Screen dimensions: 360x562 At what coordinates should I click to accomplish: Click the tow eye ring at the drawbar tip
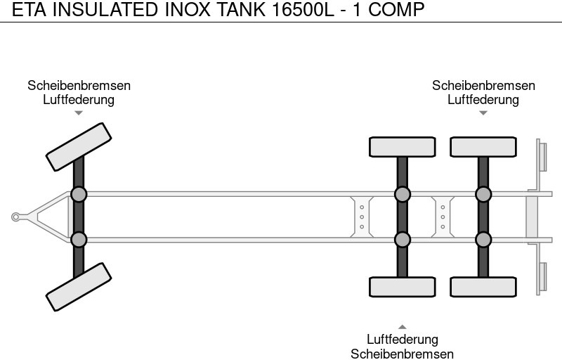pos(15,217)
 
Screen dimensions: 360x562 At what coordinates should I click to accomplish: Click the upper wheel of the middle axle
pos(402,147)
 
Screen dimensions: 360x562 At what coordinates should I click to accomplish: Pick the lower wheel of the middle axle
pos(402,287)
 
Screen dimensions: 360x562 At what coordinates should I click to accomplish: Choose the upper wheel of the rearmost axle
pos(483,147)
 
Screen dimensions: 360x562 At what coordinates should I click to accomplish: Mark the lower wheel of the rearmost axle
pos(483,287)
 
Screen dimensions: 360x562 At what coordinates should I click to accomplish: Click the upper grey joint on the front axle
pos(79,194)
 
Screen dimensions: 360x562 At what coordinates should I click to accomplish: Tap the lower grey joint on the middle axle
pos(402,240)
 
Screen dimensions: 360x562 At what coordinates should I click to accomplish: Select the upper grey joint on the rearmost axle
pos(483,194)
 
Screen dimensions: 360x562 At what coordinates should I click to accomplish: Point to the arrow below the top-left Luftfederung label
pos(79,112)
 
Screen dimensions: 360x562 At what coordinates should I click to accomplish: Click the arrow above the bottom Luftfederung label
pos(402,326)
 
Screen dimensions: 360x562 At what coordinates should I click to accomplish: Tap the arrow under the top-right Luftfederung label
pos(483,112)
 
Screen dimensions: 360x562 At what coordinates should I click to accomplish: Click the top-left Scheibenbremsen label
pos(79,86)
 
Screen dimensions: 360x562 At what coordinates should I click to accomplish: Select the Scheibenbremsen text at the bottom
pos(402,354)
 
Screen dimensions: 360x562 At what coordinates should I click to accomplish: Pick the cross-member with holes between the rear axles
pos(443,217)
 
